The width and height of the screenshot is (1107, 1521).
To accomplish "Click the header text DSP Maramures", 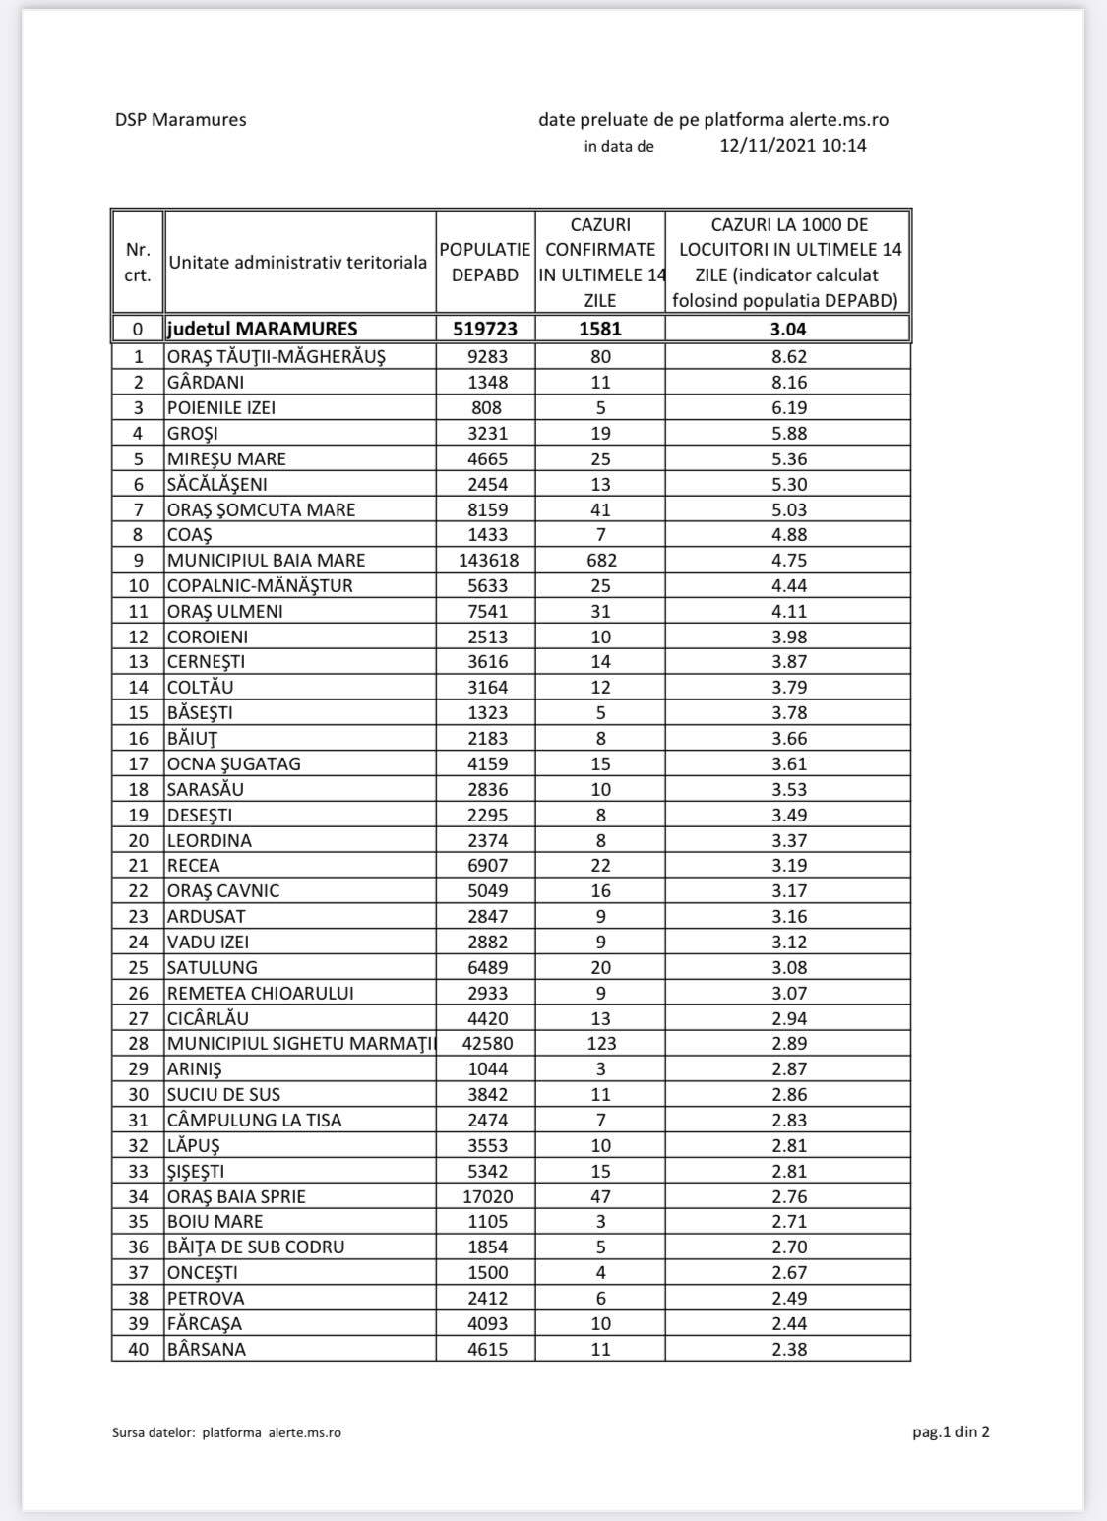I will (x=180, y=120).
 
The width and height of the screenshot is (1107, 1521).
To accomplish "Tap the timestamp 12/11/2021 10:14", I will (x=793, y=146).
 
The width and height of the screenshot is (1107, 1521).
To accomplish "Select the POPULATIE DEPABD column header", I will (x=485, y=263).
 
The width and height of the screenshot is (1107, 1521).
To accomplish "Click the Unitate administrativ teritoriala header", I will (x=298, y=263).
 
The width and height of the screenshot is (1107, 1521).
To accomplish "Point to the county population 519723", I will (x=485, y=329).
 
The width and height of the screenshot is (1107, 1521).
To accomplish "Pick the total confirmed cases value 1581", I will (x=600, y=329).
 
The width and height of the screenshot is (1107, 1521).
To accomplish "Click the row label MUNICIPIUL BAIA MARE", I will (x=266, y=561).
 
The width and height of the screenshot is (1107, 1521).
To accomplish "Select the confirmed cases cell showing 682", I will (x=600, y=561).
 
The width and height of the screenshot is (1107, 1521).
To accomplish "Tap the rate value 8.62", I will (x=789, y=357).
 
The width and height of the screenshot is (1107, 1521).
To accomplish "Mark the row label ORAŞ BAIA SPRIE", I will (x=236, y=1196).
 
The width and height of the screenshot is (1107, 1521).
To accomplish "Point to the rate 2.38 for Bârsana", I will (x=789, y=1350).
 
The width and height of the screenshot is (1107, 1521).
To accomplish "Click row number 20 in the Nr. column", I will (x=139, y=840).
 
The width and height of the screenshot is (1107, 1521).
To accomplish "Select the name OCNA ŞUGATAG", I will (x=234, y=764).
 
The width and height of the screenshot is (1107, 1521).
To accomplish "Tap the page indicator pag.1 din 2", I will (x=951, y=1431).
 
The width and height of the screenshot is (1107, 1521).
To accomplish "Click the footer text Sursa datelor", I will (x=154, y=1432).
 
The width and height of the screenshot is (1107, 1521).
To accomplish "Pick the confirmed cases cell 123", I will (x=600, y=1044).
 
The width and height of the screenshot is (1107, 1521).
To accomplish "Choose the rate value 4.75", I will (x=789, y=561).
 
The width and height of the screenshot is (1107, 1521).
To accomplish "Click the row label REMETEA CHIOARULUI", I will (x=260, y=993).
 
